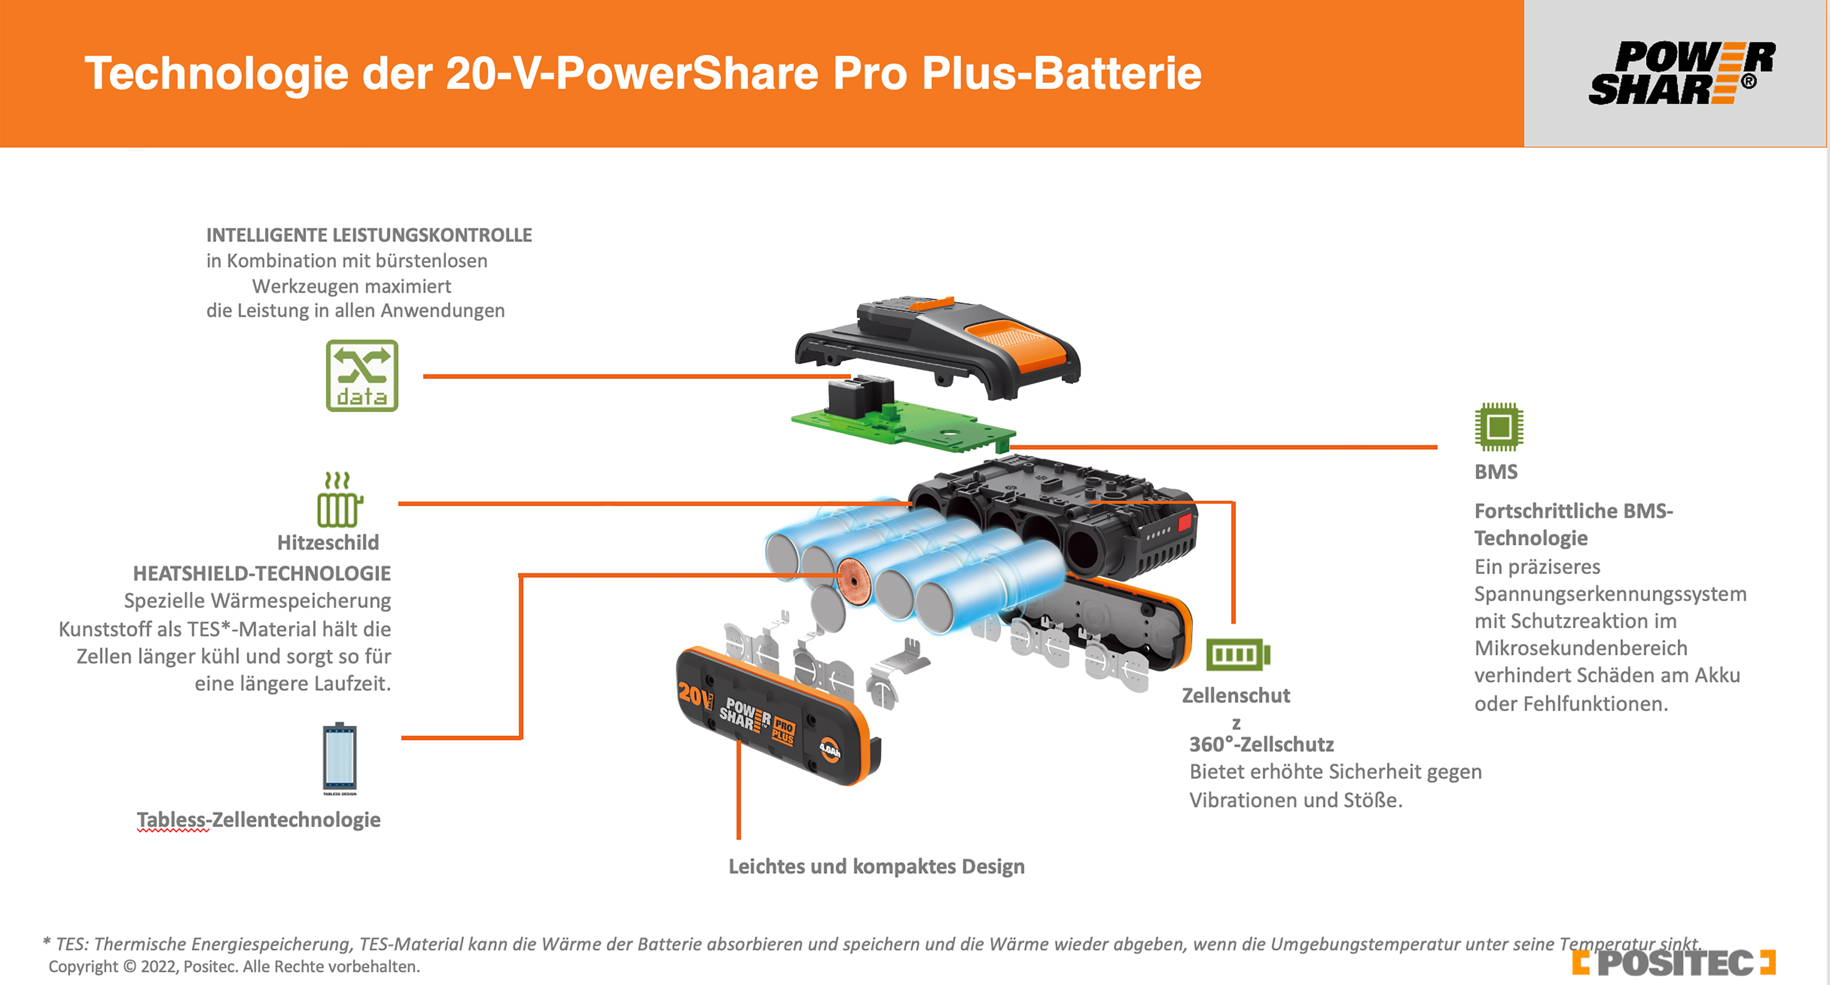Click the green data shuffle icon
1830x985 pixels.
[x=362, y=375]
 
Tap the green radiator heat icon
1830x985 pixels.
[x=339, y=499]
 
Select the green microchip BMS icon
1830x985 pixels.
[x=1498, y=427]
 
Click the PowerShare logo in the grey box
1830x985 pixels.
[x=1681, y=73]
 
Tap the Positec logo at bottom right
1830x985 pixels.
[x=1673, y=963]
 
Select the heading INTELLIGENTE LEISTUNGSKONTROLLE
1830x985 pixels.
[x=369, y=235]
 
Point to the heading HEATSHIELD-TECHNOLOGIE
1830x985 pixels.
[x=261, y=573]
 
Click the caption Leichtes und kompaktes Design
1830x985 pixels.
[x=877, y=866]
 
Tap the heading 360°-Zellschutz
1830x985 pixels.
[x=1261, y=744]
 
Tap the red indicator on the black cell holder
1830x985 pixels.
[x=1184, y=523]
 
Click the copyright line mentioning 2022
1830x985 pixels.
[x=234, y=967]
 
